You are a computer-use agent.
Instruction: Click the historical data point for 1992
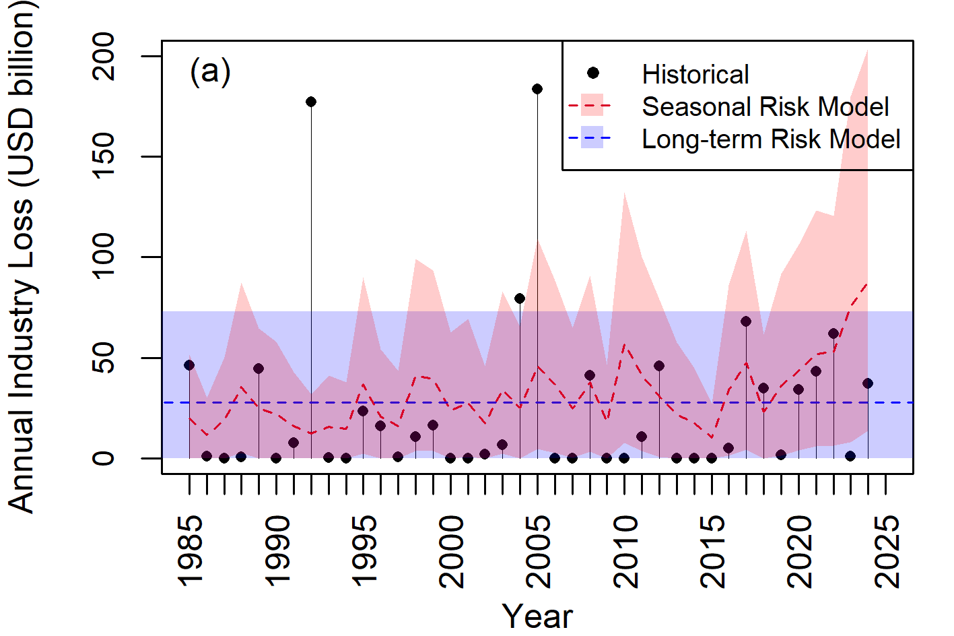311,102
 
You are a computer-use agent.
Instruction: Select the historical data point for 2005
537,89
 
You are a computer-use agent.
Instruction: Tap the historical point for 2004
520,298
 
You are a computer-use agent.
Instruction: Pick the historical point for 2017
746,321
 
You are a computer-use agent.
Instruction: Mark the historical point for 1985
189,365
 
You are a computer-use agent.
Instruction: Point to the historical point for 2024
868,383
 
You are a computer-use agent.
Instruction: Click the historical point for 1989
259,369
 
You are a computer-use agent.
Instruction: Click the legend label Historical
695,74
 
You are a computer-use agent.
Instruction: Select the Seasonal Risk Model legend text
765,106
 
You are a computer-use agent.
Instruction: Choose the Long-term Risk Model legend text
770,139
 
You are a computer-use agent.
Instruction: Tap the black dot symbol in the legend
592,73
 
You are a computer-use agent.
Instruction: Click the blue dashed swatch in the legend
590,139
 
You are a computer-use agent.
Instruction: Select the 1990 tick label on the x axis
277,550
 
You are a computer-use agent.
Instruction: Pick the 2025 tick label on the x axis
886,550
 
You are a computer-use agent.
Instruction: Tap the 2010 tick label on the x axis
625,550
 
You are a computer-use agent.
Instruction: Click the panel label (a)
210,71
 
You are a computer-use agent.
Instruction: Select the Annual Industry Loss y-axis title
22,256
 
